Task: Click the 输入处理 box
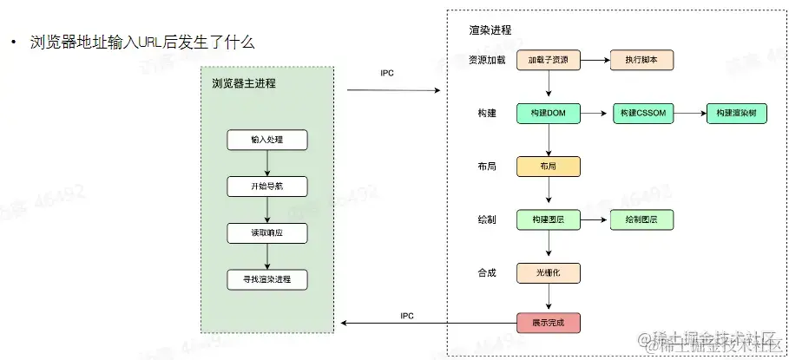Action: pyautogui.click(x=267, y=140)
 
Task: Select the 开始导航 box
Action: pyautogui.click(x=267, y=187)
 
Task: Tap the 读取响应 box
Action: pyautogui.click(x=267, y=233)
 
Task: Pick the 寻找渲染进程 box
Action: pyautogui.click(x=267, y=280)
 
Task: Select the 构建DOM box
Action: pyautogui.click(x=548, y=114)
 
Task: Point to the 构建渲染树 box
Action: pyautogui.click(x=736, y=114)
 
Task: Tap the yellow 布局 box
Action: pyautogui.click(x=548, y=167)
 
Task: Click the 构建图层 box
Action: pyautogui.click(x=548, y=220)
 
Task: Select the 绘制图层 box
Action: pyautogui.click(x=642, y=220)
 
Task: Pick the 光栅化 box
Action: pyautogui.click(x=548, y=273)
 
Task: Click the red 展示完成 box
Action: pyautogui.click(x=548, y=323)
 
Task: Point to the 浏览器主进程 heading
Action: pyautogui.click(x=244, y=84)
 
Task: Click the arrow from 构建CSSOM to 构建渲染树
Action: pyautogui.click(x=689, y=114)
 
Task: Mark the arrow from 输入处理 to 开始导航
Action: pyautogui.click(x=267, y=163)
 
